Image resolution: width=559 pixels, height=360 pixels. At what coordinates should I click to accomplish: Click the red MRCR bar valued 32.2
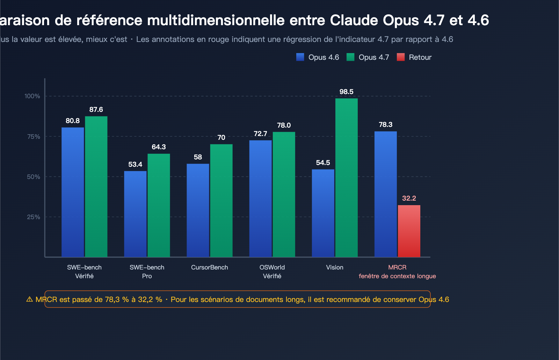point(409,231)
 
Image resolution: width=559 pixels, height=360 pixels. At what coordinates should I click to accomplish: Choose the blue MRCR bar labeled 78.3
point(385,194)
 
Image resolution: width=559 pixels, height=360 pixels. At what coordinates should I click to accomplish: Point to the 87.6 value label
point(96,109)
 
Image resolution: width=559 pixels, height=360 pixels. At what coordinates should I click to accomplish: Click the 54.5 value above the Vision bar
point(323,163)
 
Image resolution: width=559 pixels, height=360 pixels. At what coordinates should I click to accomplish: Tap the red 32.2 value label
point(409,198)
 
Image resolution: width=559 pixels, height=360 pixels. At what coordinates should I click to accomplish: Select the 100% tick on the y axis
point(32,96)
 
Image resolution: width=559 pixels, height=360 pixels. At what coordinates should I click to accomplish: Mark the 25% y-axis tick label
point(34,217)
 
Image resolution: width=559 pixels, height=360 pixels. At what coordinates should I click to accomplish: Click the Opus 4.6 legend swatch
point(300,57)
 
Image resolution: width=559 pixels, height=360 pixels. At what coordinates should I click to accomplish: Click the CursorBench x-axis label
point(209,267)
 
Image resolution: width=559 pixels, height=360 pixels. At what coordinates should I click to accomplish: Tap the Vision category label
point(334,267)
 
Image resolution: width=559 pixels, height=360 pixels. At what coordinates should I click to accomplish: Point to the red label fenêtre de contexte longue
point(397,276)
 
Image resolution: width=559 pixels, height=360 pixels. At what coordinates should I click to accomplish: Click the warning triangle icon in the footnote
point(30,299)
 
